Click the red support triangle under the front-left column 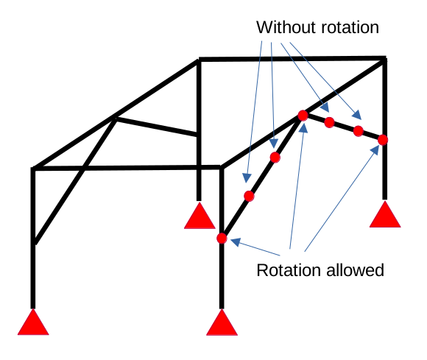click(33, 322)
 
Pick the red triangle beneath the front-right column click(222, 323)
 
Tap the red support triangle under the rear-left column click(200, 216)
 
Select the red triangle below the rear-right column click(385, 214)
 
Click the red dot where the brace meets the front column click(222, 239)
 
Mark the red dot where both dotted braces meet click(303, 116)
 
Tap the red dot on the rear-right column click(383, 140)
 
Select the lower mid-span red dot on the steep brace click(249, 196)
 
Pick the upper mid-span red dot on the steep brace click(275, 158)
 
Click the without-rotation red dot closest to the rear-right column click(359, 131)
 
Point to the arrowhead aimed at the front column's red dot click(236, 241)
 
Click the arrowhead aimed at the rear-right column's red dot click(375, 150)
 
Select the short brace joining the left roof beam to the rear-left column click(157, 127)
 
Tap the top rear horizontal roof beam click(292, 59)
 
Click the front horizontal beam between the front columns click(127, 168)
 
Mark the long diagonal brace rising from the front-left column click(76, 181)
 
